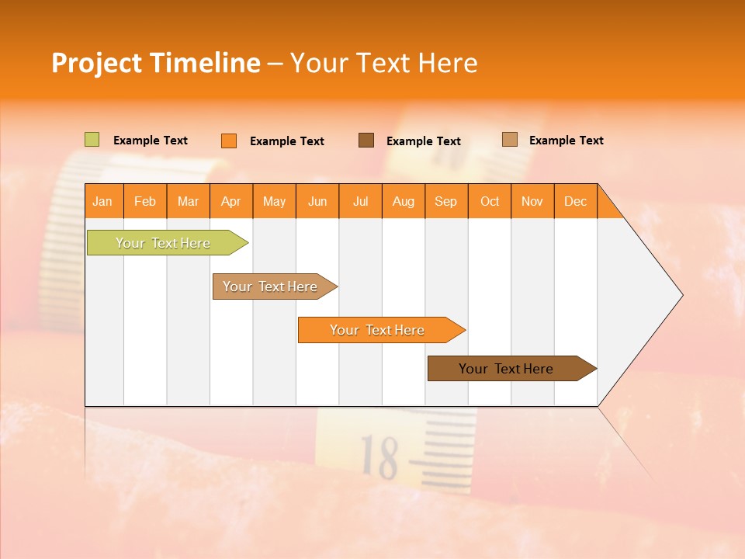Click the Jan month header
coord(102,202)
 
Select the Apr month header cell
coord(231,202)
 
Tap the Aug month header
coord(404,202)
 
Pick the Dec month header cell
coord(575,202)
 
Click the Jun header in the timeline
coord(317,202)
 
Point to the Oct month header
coord(490,202)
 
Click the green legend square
coord(92,140)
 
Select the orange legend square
coord(229,141)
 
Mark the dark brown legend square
coord(366,140)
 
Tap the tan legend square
coord(509,139)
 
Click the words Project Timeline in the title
coord(155,63)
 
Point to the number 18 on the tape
coord(379,457)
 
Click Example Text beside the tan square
coord(566,141)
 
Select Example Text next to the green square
coord(150,141)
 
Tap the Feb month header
coord(145,202)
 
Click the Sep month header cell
coord(446,202)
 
